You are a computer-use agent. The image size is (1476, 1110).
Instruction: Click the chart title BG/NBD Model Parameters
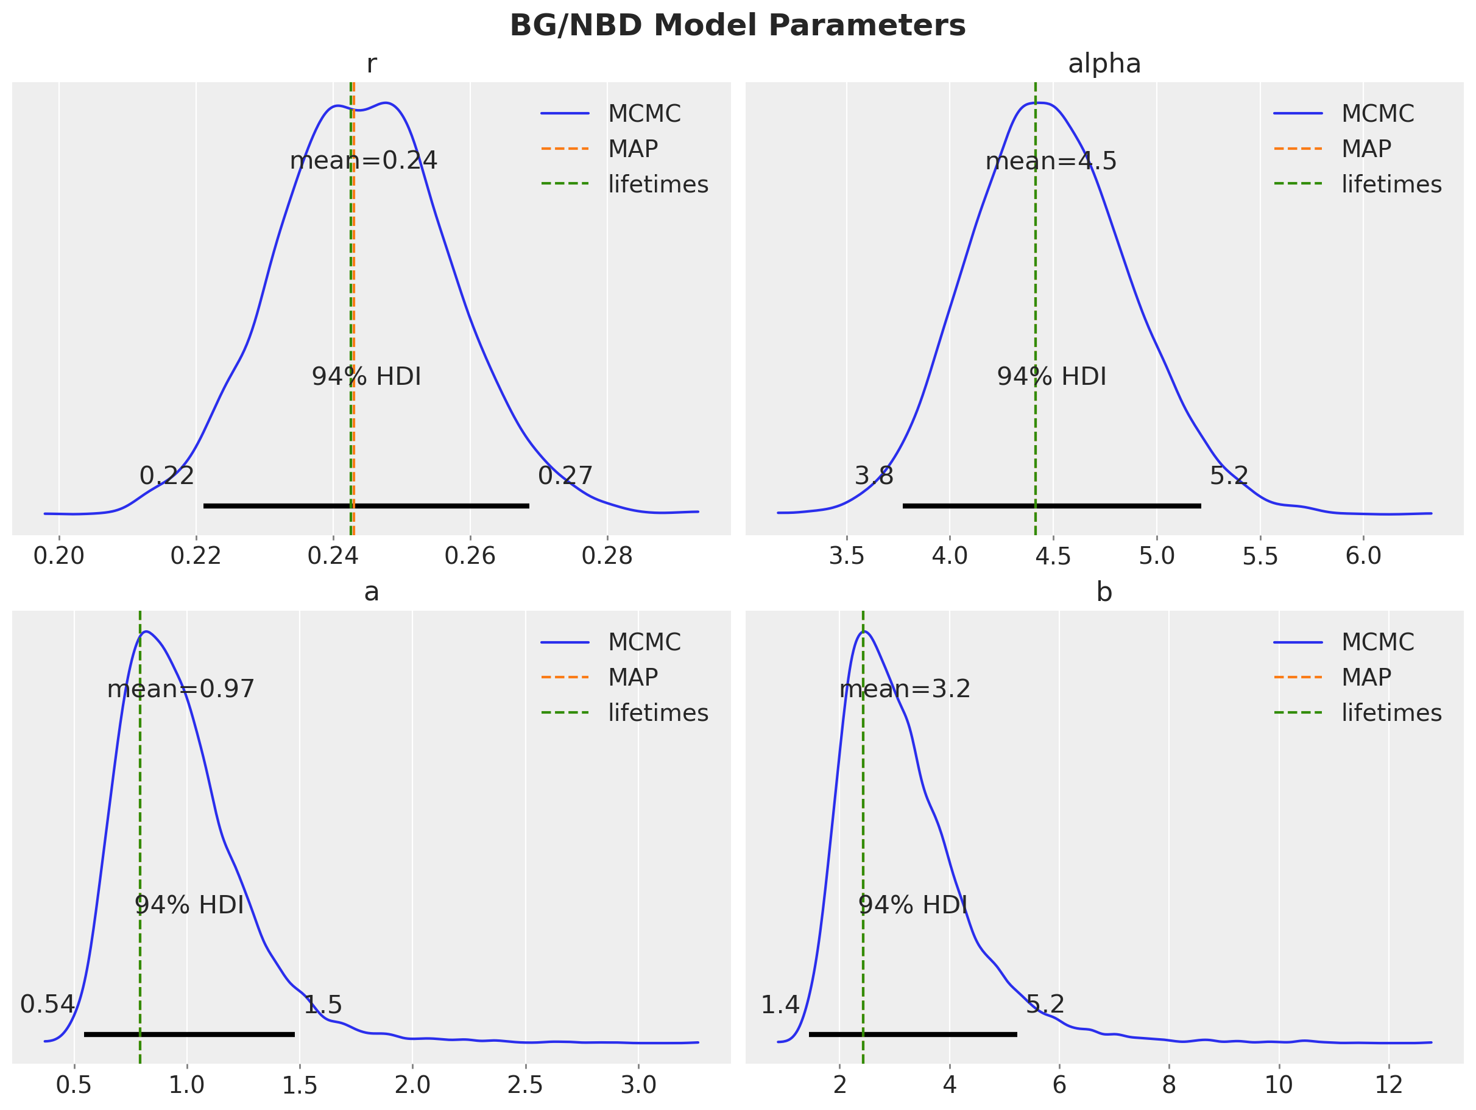point(737,26)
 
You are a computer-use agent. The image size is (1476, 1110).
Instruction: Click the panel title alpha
point(1104,64)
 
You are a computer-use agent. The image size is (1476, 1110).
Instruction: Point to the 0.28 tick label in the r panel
point(607,556)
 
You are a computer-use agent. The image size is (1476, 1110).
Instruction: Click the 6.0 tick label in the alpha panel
point(1363,556)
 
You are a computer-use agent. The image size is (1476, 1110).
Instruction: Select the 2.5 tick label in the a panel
point(525,1085)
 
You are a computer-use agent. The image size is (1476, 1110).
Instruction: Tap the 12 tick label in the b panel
point(1389,1085)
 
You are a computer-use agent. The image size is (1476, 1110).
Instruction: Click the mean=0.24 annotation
point(363,161)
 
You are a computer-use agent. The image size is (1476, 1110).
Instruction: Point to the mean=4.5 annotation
point(1051,161)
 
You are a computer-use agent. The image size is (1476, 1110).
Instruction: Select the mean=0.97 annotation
point(181,689)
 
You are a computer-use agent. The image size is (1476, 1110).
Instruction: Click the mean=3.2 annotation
point(905,689)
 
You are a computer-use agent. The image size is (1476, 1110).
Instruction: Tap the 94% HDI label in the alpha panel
point(1051,377)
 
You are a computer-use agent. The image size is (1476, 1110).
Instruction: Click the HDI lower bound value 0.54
point(48,1005)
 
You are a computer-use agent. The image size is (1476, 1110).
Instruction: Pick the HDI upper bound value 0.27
point(565,476)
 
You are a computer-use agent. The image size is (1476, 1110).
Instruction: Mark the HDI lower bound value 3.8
point(874,476)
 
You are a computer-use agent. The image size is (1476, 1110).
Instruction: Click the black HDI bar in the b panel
point(913,1034)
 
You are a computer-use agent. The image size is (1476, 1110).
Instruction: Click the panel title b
point(1104,592)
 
